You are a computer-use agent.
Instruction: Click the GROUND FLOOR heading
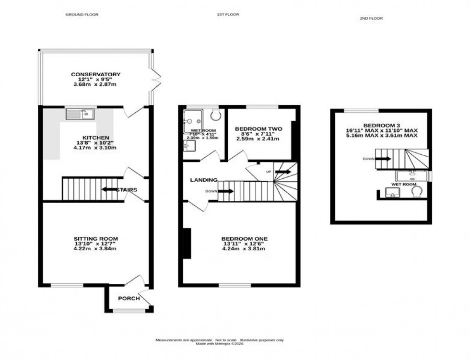tap(82, 15)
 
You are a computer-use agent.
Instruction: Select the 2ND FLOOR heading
tap(371, 18)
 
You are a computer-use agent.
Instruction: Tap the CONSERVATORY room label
tap(95, 74)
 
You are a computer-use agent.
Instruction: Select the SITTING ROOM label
tap(95, 238)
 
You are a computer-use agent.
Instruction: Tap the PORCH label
tap(129, 298)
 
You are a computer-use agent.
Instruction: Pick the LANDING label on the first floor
tap(203, 180)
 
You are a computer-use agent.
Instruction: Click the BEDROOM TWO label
tap(258, 129)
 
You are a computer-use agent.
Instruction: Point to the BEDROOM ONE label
tap(244, 239)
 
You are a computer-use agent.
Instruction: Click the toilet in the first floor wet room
tap(214, 114)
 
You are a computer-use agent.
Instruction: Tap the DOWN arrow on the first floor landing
tap(226, 191)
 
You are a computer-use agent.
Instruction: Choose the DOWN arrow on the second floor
tap(384, 159)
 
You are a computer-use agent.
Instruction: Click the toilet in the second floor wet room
tap(416, 192)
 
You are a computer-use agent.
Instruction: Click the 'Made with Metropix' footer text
tap(219, 344)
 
